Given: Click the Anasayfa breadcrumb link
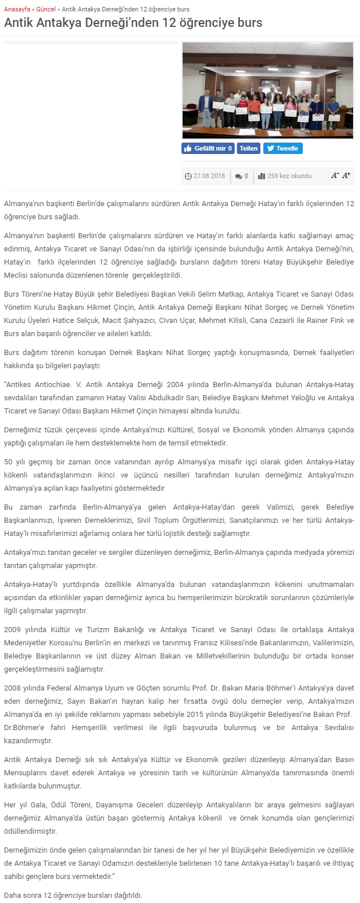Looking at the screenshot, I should click(x=17, y=9).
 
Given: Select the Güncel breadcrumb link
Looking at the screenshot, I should click(x=46, y=9).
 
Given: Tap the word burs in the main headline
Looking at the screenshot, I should click(x=250, y=23).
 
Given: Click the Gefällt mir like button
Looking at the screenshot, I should click(x=208, y=148).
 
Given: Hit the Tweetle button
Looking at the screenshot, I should click(x=283, y=148).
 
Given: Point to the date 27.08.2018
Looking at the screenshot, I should click(x=209, y=176).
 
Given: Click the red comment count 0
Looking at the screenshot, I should click(x=246, y=176).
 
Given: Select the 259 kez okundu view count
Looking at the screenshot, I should click(x=289, y=176).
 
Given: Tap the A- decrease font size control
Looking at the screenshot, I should click(x=335, y=175).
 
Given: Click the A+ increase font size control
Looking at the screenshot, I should click(x=346, y=175).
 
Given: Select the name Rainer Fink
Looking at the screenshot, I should click(x=323, y=321).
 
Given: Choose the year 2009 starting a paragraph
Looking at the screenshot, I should click(x=12, y=629).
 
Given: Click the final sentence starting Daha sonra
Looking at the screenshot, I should click(x=73, y=895).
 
